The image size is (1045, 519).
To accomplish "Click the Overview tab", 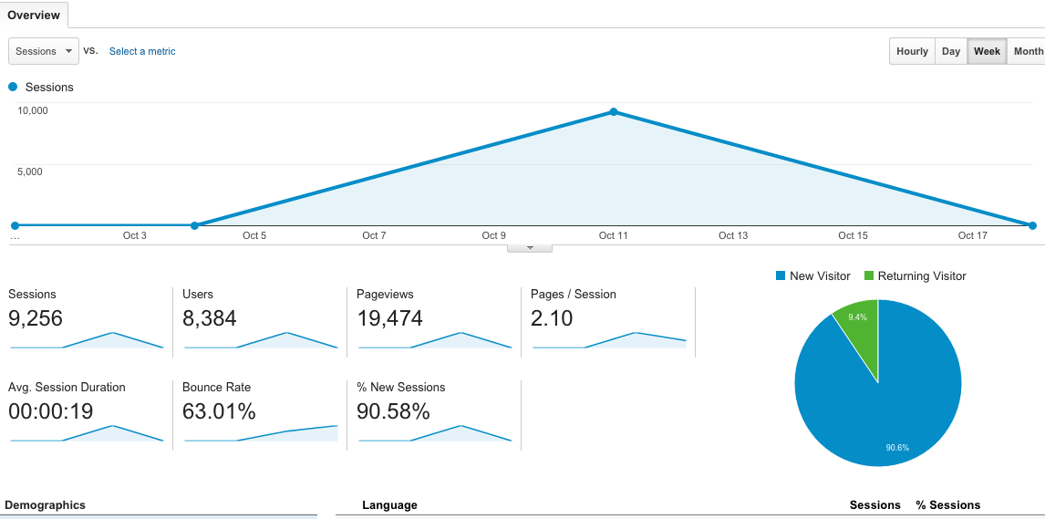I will (34, 15).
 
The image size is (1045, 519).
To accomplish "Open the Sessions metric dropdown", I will (43, 51).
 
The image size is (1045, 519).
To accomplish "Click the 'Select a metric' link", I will (142, 51).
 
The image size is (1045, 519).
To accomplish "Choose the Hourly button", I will (912, 51).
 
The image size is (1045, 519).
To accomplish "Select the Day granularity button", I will (951, 51).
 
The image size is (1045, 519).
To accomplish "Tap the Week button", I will (987, 51).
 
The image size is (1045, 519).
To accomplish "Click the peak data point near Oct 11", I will (614, 112).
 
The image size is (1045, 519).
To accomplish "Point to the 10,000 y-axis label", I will (33, 110).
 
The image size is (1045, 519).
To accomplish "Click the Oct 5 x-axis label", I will (254, 235).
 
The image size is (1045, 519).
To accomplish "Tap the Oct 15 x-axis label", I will (853, 235).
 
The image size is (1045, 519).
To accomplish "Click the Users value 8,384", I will (209, 318).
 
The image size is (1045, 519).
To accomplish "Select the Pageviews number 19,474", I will (389, 318).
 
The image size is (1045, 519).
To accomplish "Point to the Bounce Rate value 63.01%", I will (219, 411).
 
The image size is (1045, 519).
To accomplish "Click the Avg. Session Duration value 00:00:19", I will (50, 411).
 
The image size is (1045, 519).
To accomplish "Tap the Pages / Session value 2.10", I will (552, 318).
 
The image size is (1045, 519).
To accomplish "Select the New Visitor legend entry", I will (812, 275).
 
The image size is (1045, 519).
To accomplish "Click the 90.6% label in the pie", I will (897, 447).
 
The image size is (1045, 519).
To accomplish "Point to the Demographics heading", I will (45, 504).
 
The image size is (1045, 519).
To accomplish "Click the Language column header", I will (389, 504).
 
